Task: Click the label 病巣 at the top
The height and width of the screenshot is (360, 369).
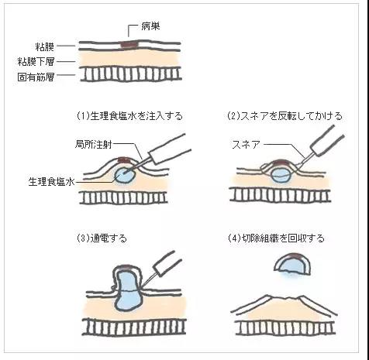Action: [150, 26]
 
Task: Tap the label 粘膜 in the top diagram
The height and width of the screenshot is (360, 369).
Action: [45, 46]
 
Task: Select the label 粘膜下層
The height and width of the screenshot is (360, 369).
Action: [36, 62]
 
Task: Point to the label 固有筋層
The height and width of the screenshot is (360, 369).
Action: [36, 77]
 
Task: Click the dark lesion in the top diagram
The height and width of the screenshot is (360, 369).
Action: [129, 44]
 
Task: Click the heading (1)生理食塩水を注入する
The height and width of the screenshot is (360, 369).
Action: [129, 116]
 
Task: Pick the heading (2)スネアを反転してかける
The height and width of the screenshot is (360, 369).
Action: [285, 116]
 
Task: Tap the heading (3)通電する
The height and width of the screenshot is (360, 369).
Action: [102, 238]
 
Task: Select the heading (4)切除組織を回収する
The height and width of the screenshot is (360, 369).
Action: [276, 238]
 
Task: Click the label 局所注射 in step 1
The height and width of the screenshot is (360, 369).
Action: [94, 144]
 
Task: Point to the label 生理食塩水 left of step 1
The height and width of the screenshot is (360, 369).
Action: [51, 182]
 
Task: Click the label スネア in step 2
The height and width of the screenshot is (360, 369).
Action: [246, 145]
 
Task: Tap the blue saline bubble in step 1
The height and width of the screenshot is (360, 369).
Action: [125, 175]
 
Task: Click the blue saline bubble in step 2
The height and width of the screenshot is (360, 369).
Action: [281, 175]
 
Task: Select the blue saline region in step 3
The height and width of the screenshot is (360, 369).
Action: [129, 290]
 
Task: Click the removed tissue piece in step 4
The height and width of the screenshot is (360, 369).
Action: [292, 265]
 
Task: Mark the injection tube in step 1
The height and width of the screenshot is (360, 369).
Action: [170, 149]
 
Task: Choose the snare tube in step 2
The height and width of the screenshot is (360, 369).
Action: [327, 141]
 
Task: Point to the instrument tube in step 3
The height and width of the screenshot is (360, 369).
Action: [168, 262]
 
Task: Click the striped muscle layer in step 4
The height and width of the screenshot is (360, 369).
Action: [285, 328]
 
